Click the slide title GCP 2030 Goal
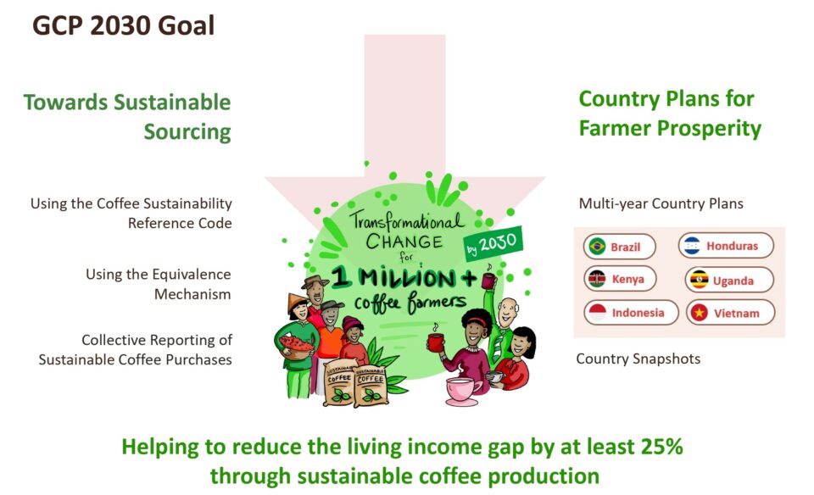(124, 25)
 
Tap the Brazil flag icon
(598, 246)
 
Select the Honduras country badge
(726, 246)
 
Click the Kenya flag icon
(597, 279)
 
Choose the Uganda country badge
(729, 281)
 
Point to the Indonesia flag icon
(598, 313)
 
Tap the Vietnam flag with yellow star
(700, 313)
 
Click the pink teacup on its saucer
(461, 392)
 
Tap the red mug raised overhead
(488, 281)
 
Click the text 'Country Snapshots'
(638, 359)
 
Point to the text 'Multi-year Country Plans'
(661, 203)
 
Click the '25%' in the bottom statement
(662, 447)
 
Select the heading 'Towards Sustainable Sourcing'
(127, 117)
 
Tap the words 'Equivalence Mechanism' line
(159, 284)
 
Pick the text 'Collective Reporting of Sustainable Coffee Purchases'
(135, 350)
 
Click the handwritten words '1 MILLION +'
(404, 278)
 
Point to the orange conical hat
(297, 302)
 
